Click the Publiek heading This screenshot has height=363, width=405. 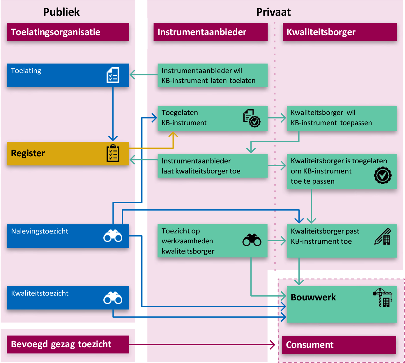(x=61, y=12)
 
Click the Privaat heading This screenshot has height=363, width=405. (x=273, y=12)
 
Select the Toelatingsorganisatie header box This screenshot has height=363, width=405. (x=68, y=32)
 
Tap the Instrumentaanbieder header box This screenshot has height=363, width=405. (x=211, y=32)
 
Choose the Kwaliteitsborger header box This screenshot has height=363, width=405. (x=339, y=32)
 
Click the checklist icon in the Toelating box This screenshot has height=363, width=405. (x=113, y=75)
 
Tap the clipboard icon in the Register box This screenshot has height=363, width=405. (x=113, y=153)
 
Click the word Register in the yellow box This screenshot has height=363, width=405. (x=28, y=153)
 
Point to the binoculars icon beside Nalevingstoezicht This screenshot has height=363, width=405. (x=113, y=236)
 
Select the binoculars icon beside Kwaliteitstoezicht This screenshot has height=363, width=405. (x=113, y=298)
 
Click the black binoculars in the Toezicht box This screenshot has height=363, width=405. (x=252, y=240)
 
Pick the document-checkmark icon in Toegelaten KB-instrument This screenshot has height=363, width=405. (x=252, y=118)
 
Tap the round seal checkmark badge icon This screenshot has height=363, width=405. (x=383, y=175)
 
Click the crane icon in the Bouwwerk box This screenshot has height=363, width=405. (x=383, y=297)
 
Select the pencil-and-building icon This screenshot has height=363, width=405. (x=383, y=237)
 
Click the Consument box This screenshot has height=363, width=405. (x=339, y=345)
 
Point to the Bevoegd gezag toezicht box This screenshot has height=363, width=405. (x=68, y=344)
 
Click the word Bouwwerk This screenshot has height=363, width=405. (x=313, y=297)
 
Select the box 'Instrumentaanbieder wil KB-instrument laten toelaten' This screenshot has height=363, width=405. (x=213, y=76)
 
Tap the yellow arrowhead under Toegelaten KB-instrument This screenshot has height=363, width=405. (x=173, y=134)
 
